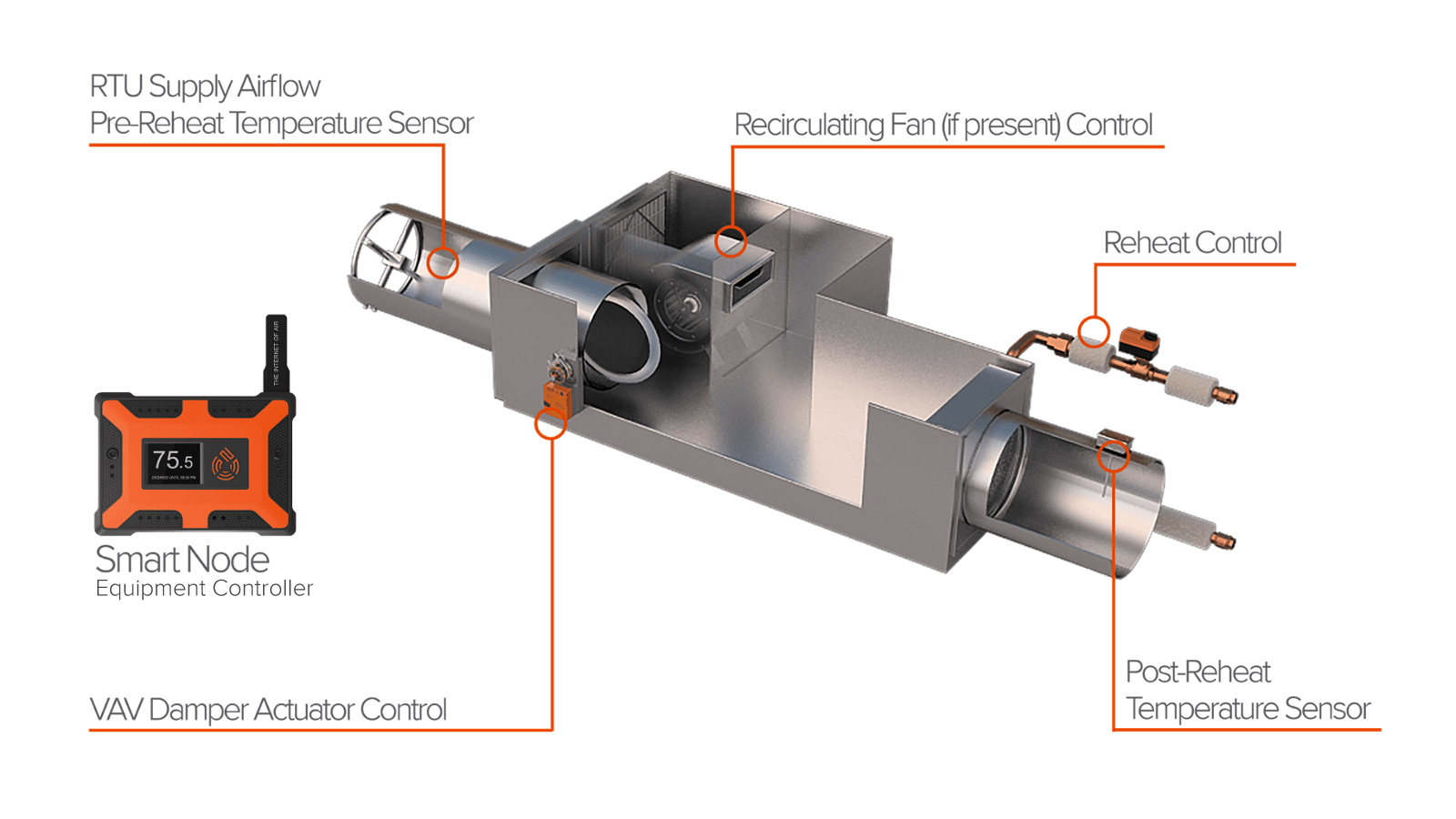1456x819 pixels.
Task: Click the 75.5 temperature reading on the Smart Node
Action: pos(172,460)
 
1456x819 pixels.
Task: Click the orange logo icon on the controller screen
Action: pos(225,463)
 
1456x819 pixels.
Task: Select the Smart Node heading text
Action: pos(182,559)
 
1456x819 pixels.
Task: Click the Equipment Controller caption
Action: pos(204,589)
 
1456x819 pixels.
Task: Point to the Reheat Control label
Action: pos(1192,243)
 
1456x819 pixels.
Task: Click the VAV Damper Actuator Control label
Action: pos(268,710)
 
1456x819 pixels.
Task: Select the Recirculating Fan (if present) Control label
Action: pos(943,125)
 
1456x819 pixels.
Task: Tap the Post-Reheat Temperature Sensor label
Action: pos(1247,691)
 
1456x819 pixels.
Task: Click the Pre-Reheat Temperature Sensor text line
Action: pos(281,123)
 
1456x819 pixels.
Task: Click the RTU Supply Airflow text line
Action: pos(205,86)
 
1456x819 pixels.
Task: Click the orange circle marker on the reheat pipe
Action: pos(1094,331)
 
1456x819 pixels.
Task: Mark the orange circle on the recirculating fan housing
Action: pos(730,241)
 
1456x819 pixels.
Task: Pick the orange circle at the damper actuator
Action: pos(550,423)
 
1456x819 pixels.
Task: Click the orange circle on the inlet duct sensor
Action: pos(443,262)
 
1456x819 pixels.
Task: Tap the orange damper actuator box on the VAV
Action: pos(556,395)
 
